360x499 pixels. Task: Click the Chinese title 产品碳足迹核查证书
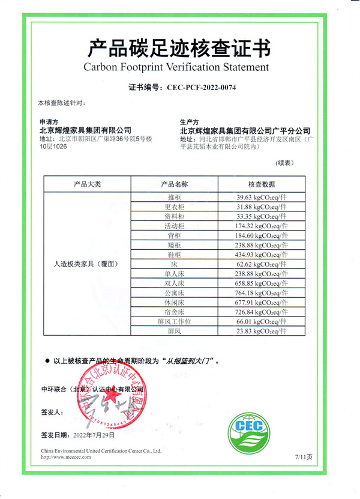(179, 46)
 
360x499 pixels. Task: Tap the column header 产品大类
(87, 184)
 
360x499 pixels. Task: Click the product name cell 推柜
(175, 197)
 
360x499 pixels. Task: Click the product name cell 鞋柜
(175, 255)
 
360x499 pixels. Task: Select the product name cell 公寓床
(175, 293)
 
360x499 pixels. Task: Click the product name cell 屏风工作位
(175, 321)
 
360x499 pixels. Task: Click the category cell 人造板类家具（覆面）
(87, 264)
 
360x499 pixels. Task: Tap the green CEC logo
(250, 428)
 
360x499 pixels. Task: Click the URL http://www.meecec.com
(66, 457)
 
